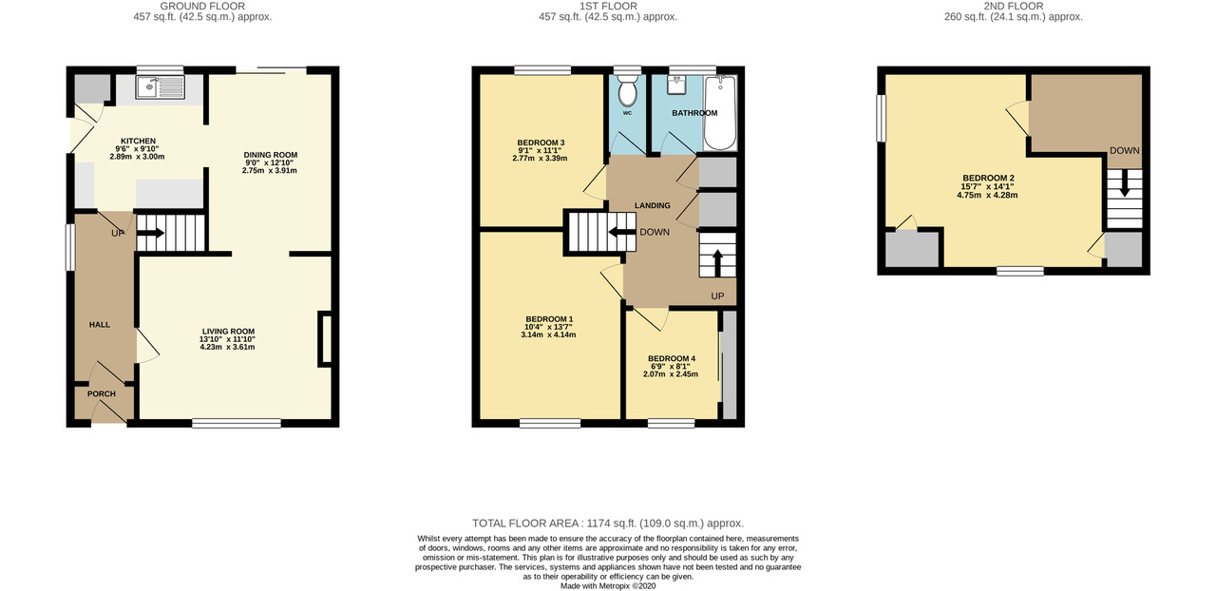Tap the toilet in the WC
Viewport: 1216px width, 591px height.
(627, 92)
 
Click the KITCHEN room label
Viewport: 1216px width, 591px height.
(138, 141)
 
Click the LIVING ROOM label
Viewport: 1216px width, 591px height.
(227, 331)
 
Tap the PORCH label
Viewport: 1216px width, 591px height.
(102, 393)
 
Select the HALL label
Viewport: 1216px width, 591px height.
(100, 325)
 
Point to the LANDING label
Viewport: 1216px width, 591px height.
(653, 205)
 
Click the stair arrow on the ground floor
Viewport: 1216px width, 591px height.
(152, 230)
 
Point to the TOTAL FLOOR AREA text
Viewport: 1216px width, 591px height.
(608, 524)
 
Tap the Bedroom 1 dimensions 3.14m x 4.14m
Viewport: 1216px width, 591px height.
(548, 334)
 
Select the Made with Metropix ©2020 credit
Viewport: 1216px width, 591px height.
(608, 585)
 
